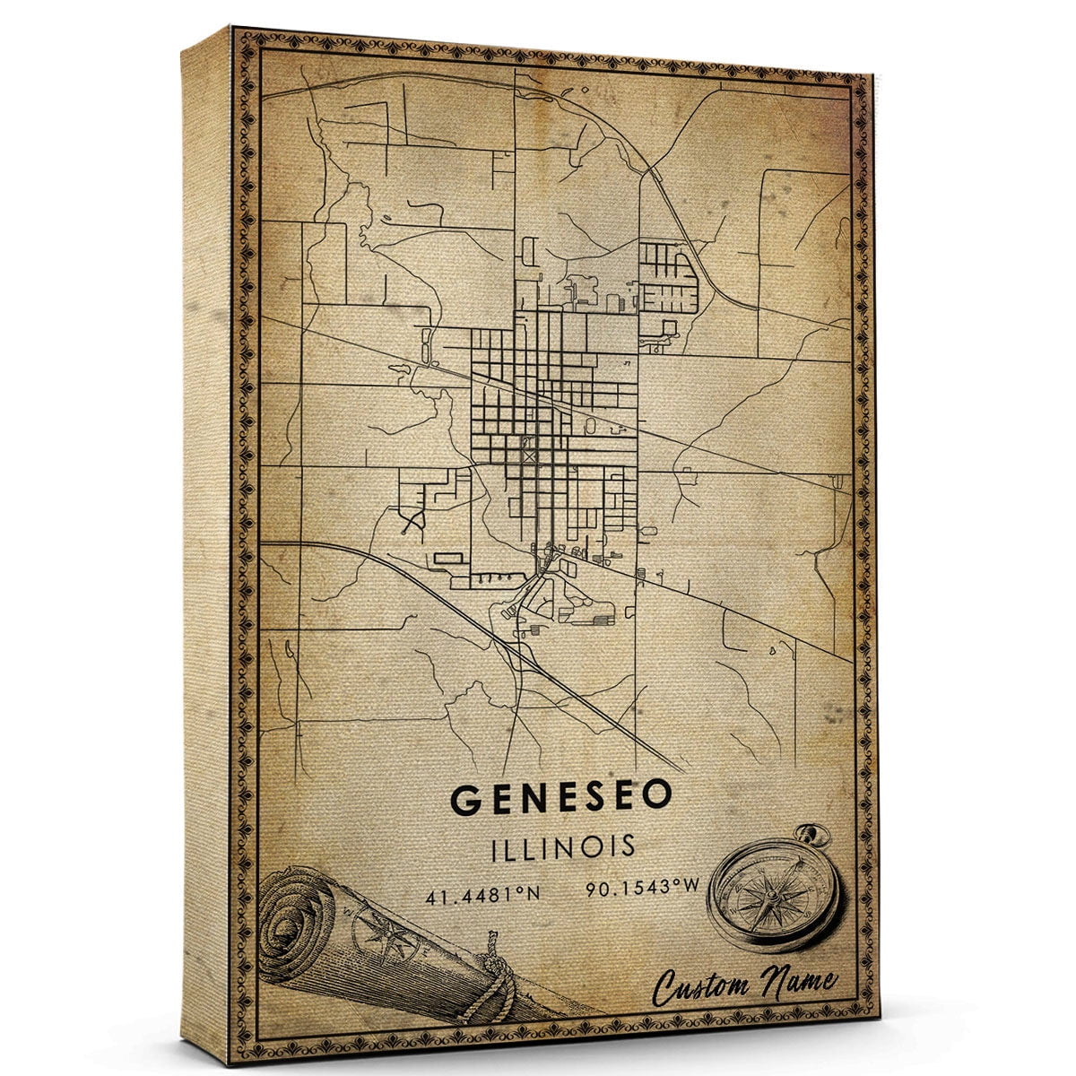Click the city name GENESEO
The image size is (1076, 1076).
[560, 799]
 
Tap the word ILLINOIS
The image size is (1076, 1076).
[562, 846]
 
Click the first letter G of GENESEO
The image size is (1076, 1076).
[466, 799]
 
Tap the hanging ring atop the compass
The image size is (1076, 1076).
[815, 836]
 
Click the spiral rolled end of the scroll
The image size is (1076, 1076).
[297, 927]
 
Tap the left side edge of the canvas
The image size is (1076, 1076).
[206, 538]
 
